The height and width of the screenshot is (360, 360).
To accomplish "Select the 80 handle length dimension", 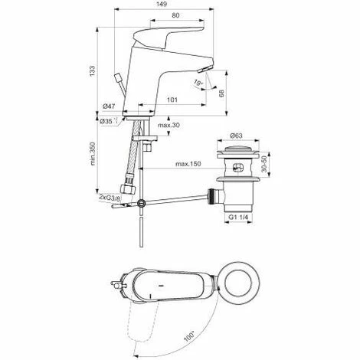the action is tap(175, 15).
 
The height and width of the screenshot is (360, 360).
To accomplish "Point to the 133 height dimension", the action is tap(93, 70).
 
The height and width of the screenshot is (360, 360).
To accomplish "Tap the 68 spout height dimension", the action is tap(221, 93).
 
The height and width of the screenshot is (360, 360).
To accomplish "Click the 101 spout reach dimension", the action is tap(172, 100).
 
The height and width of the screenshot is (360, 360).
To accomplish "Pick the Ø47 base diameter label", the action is tap(109, 106).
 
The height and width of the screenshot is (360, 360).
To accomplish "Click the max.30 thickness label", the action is tap(169, 125).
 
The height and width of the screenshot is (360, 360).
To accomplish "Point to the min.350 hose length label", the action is tap(93, 154).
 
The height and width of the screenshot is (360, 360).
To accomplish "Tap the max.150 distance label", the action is tap(188, 164).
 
